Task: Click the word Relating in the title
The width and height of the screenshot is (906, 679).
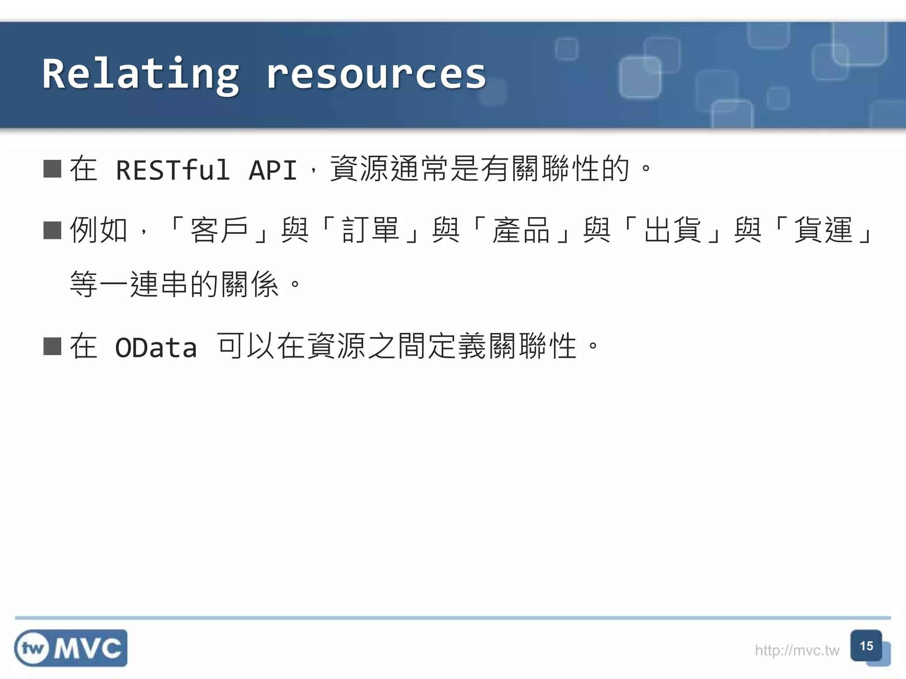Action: (141, 74)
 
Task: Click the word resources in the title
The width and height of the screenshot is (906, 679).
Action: (376, 74)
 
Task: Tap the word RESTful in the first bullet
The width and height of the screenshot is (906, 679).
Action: (173, 170)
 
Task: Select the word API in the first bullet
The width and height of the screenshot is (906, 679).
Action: (273, 170)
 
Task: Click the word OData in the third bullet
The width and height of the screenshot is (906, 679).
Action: (156, 347)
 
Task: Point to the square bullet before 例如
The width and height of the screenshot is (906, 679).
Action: (52, 230)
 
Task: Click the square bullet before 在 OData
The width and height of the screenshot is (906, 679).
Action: (52, 347)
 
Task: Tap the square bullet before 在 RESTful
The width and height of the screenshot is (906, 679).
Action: (52, 169)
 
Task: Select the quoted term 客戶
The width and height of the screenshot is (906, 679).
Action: (219, 230)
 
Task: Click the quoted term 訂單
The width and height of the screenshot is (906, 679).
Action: (370, 230)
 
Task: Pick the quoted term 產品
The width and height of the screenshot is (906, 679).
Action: (521, 230)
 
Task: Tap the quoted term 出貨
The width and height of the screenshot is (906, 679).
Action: (672, 230)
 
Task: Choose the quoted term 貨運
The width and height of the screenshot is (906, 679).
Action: (823, 230)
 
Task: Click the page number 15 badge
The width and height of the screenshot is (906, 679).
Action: (866, 646)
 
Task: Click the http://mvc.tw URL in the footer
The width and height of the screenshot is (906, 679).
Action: (797, 650)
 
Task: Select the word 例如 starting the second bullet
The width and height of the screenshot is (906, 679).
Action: (99, 230)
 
